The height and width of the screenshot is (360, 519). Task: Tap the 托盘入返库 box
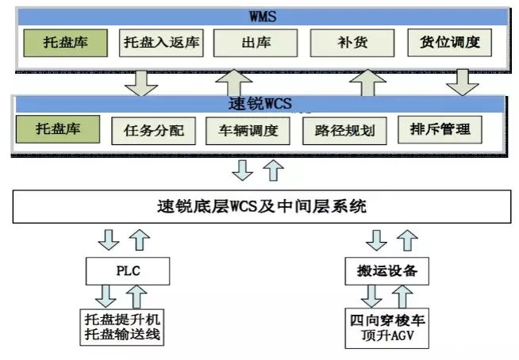(161, 42)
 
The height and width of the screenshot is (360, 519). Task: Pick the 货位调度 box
(450, 42)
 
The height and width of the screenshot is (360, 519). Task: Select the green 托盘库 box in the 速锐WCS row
(60, 128)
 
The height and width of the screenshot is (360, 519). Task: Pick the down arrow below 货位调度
(463, 80)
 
